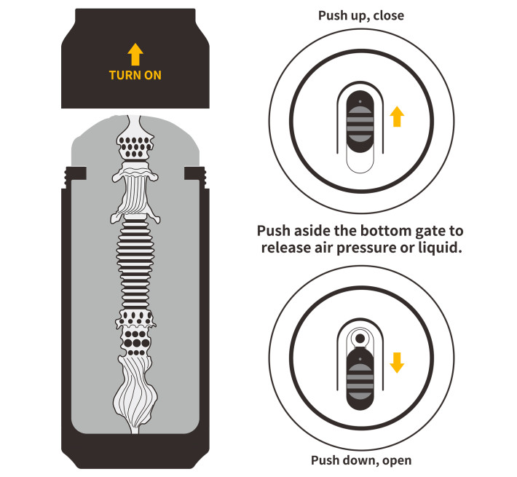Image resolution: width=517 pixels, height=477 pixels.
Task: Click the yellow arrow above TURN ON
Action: tap(135, 55)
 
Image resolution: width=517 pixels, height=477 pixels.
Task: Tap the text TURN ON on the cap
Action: tap(135, 75)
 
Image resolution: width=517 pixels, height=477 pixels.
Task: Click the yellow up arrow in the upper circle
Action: tap(396, 117)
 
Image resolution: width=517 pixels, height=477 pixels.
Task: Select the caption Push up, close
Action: tap(360, 15)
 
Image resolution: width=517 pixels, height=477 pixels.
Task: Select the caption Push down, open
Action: tap(360, 460)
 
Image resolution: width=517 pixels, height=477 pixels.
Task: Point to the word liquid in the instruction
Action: tap(438, 248)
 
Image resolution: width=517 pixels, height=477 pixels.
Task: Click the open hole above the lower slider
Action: tap(359, 338)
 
